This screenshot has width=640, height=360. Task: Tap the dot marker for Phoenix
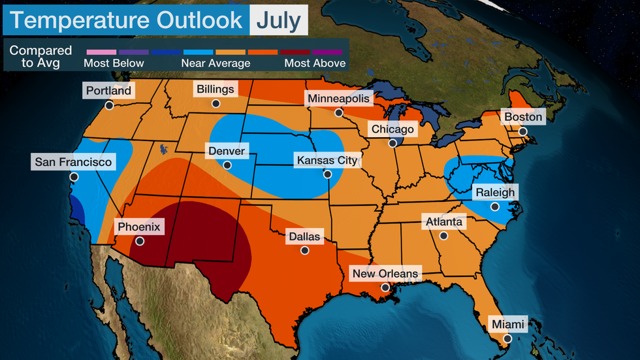[x=138, y=240]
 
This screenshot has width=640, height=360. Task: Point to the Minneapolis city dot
[x=339, y=112]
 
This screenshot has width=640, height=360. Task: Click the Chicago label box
[x=392, y=129]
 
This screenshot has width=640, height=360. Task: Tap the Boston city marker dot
[x=522, y=131]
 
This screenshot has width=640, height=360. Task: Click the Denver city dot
[x=227, y=165]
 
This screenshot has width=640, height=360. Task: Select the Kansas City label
[x=327, y=160]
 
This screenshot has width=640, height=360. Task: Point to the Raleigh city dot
[x=494, y=206]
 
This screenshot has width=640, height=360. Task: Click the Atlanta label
[x=443, y=222]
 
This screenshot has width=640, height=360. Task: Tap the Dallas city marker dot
[x=304, y=250]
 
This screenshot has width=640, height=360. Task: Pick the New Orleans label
[x=385, y=273]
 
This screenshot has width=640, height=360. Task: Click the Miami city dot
[x=505, y=338]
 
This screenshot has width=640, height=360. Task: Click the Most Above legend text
[x=315, y=63]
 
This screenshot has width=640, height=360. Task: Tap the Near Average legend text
[x=216, y=63]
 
